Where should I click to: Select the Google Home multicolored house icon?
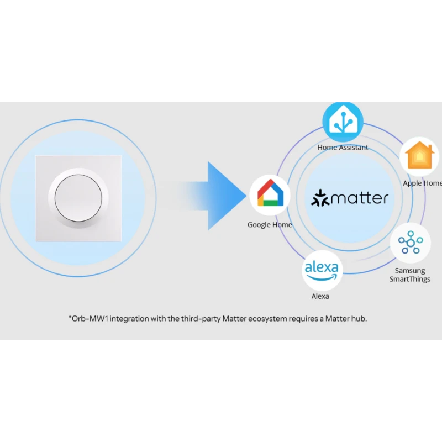270,194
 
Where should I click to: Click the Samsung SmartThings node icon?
410,243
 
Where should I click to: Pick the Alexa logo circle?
322,271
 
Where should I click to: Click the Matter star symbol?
320,198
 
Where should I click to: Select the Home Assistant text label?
343,148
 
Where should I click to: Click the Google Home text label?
270,225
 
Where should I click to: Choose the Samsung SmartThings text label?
410,275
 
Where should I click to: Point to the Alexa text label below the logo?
320,297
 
